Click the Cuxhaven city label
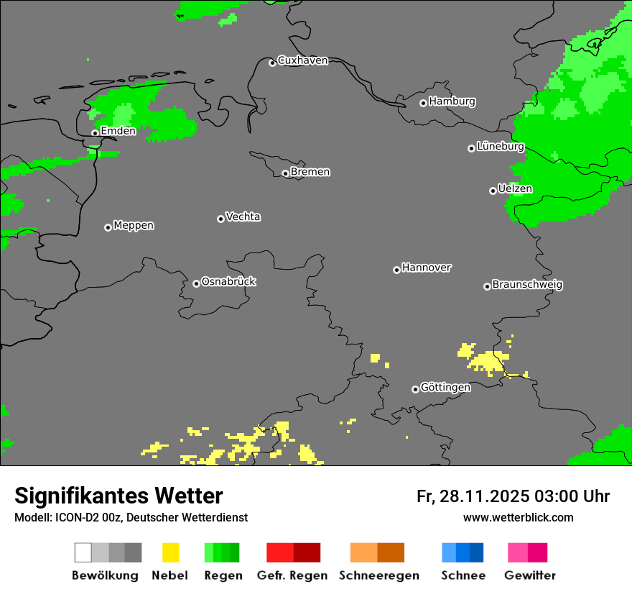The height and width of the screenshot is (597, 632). click(x=302, y=60)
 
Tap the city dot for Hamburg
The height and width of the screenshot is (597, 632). click(x=423, y=103)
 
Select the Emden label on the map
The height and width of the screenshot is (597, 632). click(x=118, y=131)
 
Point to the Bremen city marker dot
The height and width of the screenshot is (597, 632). click(x=285, y=173)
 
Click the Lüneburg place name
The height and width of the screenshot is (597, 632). click(x=500, y=146)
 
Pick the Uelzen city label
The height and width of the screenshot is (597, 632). click(x=515, y=188)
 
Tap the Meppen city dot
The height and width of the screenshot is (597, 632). click(x=108, y=227)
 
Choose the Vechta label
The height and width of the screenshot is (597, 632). click(x=243, y=217)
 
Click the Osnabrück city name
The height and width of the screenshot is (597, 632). click(x=228, y=281)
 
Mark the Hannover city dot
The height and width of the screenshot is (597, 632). click(x=396, y=270)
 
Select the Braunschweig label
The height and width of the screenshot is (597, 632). click(x=527, y=284)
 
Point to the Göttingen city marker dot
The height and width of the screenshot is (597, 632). click(x=415, y=389)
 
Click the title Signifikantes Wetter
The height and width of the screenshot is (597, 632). click(x=118, y=496)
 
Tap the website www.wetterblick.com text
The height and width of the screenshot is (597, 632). click(x=518, y=517)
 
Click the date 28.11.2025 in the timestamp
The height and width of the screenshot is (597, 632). click(x=484, y=496)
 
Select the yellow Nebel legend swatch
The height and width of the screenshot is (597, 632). click(x=170, y=552)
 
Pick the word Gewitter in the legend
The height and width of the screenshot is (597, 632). click(x=530, y=575)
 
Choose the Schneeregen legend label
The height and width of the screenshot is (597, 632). click(x=379, y=575)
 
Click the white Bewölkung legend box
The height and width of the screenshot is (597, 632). click(x=83, y=552)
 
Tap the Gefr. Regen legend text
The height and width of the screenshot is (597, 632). click(x=292, y=575)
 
